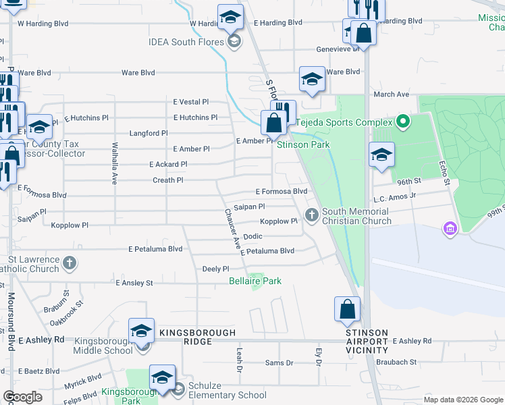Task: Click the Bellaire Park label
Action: (255, 281)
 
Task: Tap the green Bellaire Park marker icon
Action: (255, 288)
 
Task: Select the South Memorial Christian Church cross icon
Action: (311, 215)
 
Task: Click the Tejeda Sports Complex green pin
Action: (403, 122)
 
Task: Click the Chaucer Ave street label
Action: (232, 230)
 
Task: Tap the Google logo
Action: (22, 396)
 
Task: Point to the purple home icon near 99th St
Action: (450, 229)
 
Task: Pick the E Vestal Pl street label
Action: (191, 102)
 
